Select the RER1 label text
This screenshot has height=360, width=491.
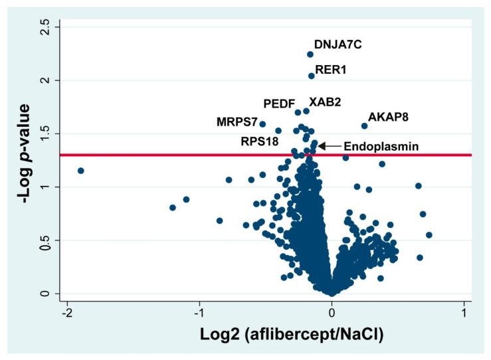330,68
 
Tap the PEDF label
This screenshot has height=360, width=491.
278,104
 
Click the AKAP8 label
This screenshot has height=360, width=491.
388,117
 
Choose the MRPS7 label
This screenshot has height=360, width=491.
237,122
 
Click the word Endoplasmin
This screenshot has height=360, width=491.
381,146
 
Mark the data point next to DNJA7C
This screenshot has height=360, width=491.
310,54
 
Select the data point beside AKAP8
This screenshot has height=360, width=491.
364,126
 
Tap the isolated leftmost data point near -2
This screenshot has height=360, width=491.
81,171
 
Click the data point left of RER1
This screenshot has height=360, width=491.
311,76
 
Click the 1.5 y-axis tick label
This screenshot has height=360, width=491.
45,134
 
